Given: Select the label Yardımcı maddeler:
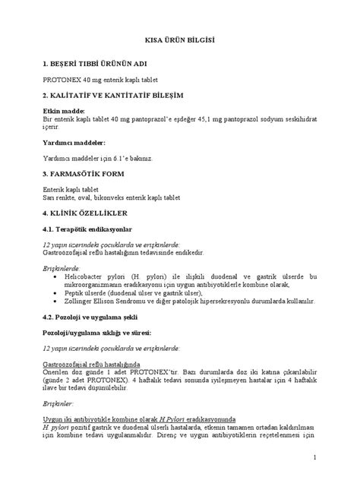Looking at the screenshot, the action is [x=74, y=142].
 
